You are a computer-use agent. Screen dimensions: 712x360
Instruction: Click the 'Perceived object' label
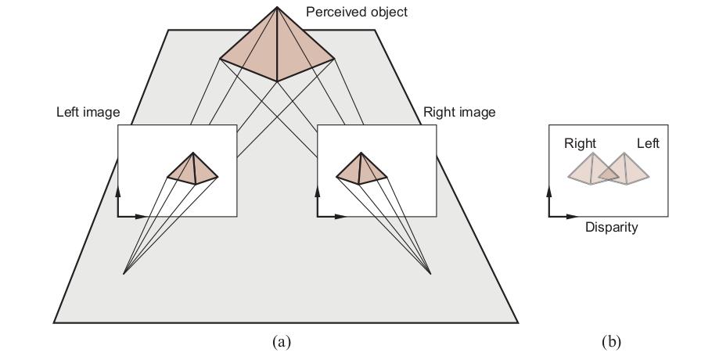point(357,12)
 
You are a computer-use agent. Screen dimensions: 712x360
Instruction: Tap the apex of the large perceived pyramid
point(277,7)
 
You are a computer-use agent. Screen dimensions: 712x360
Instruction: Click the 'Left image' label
point(88,112)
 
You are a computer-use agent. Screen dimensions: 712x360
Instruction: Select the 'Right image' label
point(459,112)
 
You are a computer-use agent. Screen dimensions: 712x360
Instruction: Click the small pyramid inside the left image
point(193,168)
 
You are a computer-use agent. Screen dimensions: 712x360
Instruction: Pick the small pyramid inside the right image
point(361,168)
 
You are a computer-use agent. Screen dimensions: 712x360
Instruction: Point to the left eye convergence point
point(124,274)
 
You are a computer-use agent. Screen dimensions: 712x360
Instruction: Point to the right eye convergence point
point(430,274)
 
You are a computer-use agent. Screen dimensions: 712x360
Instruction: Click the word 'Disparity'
point(611,227)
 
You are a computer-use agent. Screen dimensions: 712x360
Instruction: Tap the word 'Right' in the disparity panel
point(580,143)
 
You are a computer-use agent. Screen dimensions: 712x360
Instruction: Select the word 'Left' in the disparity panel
point(648,143)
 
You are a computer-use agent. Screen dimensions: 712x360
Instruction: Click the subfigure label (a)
point(281,341)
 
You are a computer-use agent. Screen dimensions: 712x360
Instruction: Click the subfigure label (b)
point(611,341)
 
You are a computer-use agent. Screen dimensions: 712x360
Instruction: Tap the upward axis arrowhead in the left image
point(118,191)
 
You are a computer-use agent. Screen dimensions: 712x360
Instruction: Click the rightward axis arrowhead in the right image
point(340,217)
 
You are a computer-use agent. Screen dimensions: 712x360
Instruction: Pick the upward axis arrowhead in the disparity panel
point(549,191)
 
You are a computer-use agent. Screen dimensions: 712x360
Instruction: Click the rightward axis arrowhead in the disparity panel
point(571,217)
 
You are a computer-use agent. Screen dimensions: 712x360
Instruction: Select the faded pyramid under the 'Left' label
point(624,169)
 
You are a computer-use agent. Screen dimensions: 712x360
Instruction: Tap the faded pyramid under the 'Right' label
point(593,169)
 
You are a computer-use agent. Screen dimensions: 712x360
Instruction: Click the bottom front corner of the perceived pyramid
point(277,81)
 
